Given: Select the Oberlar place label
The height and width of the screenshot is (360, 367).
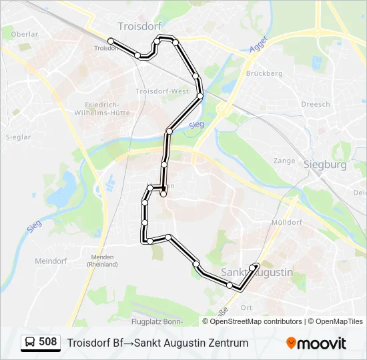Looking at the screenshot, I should coord(24,34).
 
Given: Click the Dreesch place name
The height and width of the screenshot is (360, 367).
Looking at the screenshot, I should coord(315,104).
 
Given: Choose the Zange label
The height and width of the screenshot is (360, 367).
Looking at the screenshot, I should coord(284,161).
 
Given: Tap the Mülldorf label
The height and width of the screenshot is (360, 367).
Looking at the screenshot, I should coord(287,222).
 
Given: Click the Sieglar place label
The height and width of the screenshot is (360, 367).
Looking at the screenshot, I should coord(18,137).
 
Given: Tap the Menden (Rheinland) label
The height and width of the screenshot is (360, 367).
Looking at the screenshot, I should coord(102,261).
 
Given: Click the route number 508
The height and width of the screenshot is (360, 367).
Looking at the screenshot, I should coord(48,342).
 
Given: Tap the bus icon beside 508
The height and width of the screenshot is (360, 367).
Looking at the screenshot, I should coord(30,343).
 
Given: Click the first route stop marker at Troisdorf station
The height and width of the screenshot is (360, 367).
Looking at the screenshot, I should coord(111,41).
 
